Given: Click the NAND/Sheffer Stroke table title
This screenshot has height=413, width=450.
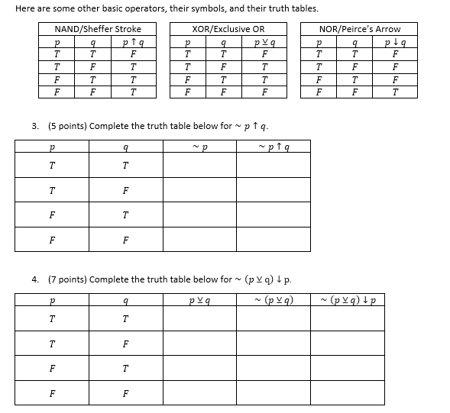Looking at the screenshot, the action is (x=98, y=29).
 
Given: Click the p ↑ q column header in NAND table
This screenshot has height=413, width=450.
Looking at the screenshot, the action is (x=134, y=42).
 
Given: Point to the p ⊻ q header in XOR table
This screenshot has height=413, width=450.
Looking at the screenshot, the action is (x=264, y=42).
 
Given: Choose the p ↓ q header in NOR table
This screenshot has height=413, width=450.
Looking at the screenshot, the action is (x=393, y=42).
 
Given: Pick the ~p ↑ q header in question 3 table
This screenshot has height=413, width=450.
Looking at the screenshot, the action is (x=274, y=145).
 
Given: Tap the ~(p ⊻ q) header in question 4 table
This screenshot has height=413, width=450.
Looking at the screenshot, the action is (x=275, y=298).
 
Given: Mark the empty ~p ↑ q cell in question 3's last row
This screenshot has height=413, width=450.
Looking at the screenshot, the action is (x=274, y=239).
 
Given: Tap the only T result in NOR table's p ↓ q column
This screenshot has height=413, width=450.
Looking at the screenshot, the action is (x=393, y=92).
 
